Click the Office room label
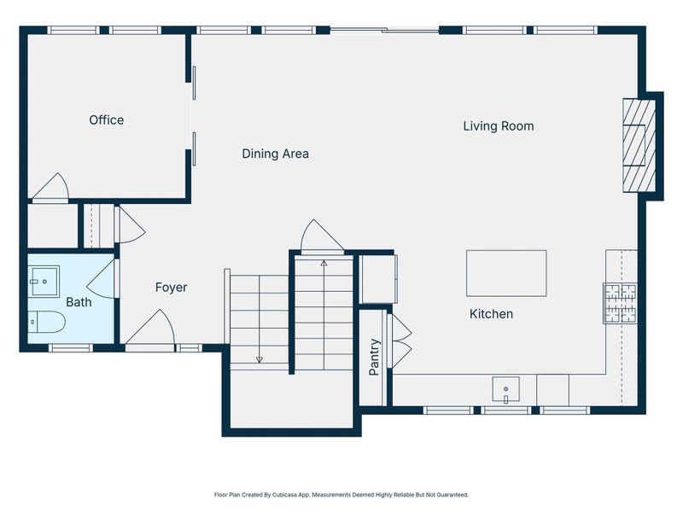tap(106, 120)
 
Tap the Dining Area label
tap(275, 154)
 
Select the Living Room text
tap(498, 126)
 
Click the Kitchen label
tap(491, 314)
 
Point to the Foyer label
tap(171, 288)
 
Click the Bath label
tap(79, 301)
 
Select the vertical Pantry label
tap(374, 358)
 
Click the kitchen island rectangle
tap(505, 273)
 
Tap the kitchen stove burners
tap(621, 302)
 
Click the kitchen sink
tap(507, 390)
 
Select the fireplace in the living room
tap(639, 145)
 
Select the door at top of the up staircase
tap(321, 237)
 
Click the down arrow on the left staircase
tap(260, 359)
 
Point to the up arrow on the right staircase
tap(324, 265)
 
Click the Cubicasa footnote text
tap(341, 494)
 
